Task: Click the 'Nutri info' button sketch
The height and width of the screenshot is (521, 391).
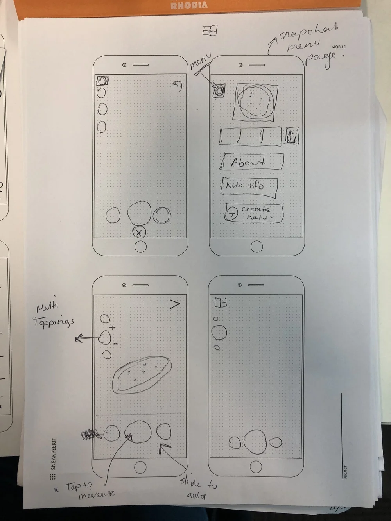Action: click(249, 186)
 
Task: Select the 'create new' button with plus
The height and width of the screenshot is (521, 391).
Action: click(254, 212)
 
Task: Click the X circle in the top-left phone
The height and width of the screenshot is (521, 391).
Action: click(139, 233)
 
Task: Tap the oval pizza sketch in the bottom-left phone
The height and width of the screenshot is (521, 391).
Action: click(142, 374)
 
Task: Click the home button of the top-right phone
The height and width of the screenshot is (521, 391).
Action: click(256, 247)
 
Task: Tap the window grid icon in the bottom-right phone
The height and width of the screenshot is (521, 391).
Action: click(221, 303)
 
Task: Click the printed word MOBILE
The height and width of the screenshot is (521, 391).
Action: click(339, 47)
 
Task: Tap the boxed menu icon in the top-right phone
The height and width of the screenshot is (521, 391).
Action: click(219, 91)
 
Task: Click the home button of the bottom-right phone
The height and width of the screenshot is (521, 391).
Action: click(256, 467)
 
